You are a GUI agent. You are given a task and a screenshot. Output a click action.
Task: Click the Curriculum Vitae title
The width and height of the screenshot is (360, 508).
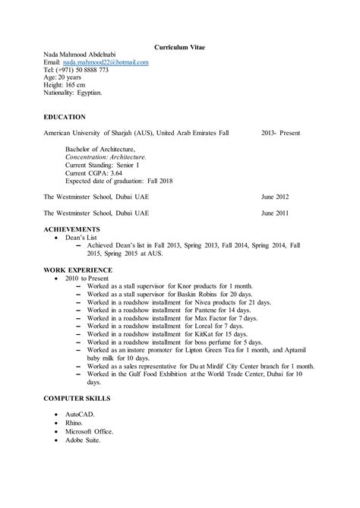(x=179, y=47)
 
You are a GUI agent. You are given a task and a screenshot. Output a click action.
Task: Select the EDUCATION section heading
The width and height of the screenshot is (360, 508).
(x=65, y=117)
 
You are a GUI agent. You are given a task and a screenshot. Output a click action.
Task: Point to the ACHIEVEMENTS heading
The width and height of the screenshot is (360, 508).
(x=71, y=229)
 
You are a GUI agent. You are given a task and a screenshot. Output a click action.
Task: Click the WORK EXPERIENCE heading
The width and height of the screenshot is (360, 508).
(x=78, y=270)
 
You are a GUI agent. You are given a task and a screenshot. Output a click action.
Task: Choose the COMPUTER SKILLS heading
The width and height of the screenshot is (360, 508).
(x=77, y=398)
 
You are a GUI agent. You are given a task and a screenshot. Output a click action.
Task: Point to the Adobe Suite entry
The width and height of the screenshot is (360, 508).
(x=83, y=440)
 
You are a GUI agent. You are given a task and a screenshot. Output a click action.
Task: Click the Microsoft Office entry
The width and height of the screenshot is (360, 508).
(x=89, y=432)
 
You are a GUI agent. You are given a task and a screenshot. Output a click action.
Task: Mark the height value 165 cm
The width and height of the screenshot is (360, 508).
(x=78, y=85)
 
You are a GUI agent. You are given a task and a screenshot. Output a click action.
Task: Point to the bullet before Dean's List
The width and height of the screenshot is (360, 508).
(x=56, y=238)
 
